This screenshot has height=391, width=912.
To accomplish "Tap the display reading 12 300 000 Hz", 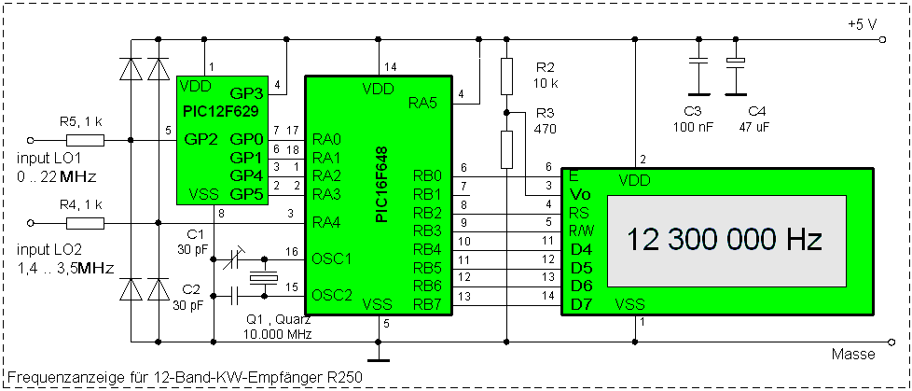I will (x=724, y=240).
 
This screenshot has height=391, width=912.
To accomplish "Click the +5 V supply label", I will (x=861, y=24).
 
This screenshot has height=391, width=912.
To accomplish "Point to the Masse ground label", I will (x=852, y=354).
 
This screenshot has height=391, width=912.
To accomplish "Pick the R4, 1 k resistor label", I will (x=81, y=203).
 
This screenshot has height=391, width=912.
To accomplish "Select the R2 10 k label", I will (x=546, y=76).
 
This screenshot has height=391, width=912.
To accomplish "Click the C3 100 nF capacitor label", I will (x=692, y=118).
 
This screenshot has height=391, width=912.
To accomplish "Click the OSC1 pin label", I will (x=332, y=258).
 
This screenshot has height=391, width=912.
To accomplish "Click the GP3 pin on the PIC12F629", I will (x=246, y=93).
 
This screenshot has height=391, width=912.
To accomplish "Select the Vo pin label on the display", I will (x=580, y=194).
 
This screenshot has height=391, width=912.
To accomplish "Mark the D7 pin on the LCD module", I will (x=580, y=303).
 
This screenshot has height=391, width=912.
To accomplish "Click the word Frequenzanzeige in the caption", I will (x=61, y=377).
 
